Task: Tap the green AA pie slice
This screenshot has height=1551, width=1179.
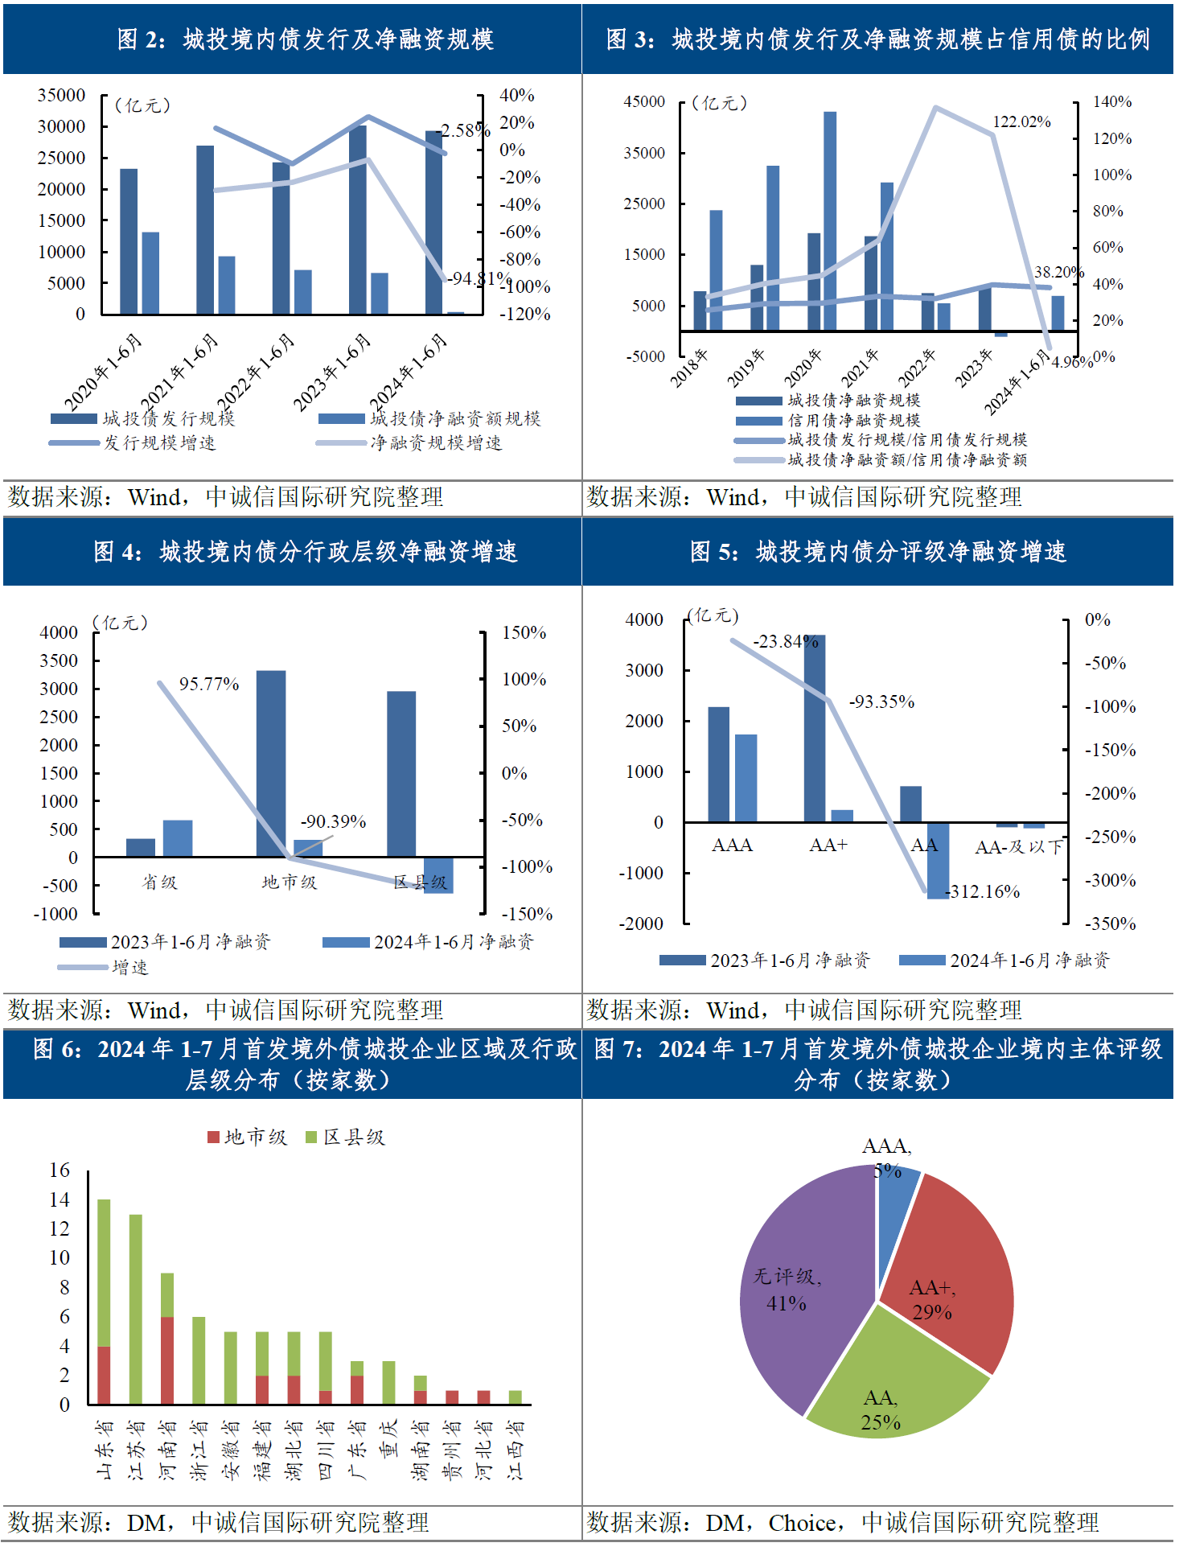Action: point(893,1384)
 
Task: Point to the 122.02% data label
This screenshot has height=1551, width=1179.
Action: point(1021,121)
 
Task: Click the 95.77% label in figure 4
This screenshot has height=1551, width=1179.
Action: point(209,684)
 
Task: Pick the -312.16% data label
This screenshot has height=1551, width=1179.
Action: point(982,891)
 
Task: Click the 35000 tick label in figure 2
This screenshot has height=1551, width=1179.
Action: point(61,95)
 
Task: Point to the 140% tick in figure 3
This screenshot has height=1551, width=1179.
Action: point(1111,101)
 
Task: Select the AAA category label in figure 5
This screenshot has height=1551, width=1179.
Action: point(732,845)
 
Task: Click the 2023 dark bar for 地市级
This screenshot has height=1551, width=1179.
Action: point(271,763)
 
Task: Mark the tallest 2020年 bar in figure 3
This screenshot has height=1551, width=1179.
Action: point(830,221)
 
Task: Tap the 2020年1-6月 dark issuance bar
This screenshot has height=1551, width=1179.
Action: point(129,241)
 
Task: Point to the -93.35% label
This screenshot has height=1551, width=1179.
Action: point(881,701)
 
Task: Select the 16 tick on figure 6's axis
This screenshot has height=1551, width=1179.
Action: point(60,1170)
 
